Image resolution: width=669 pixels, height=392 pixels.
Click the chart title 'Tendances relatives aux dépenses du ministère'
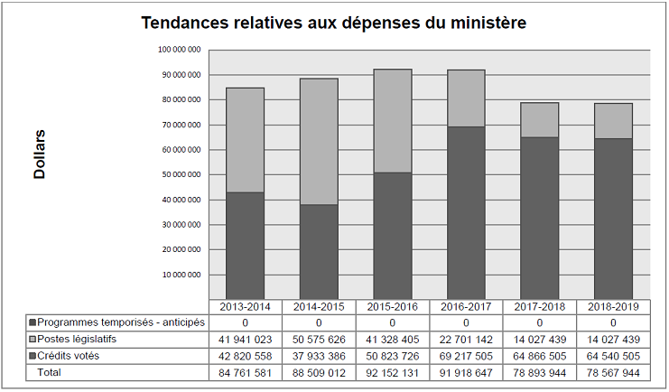(334, 22)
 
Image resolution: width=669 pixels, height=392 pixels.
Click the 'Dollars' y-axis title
(40, 154)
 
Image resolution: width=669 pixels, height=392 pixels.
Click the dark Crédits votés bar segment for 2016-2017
(466, 212)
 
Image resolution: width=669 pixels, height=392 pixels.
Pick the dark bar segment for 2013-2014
(245, 245)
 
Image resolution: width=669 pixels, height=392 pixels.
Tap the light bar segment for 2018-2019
(613, 121)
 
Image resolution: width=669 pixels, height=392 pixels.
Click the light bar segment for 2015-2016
(392, 121)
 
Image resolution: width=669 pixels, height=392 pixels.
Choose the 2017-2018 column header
(540, 306)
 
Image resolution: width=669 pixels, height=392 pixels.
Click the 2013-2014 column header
(245, 306)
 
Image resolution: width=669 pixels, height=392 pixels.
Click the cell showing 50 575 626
(318, 339)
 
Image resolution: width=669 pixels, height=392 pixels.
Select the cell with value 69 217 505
(466, 355)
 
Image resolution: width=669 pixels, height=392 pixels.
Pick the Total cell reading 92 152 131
(392, 371)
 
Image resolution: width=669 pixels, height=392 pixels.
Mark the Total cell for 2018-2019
(613, 371)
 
